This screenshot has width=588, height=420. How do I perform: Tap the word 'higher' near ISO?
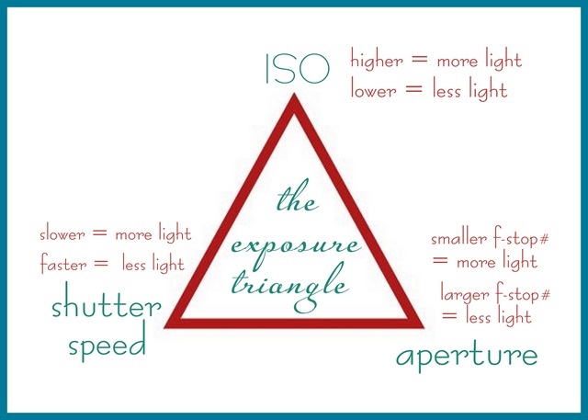point(377,61)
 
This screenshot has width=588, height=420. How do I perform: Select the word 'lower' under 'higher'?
point(373,90)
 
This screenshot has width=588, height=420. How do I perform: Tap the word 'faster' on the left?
point(63,264)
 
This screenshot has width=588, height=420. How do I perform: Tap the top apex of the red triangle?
point(294,96)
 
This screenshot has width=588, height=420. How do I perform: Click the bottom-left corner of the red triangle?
point(170,324)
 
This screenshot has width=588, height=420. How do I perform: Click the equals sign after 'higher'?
point(420,61)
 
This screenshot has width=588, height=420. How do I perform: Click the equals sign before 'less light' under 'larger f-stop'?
point(450,317)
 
